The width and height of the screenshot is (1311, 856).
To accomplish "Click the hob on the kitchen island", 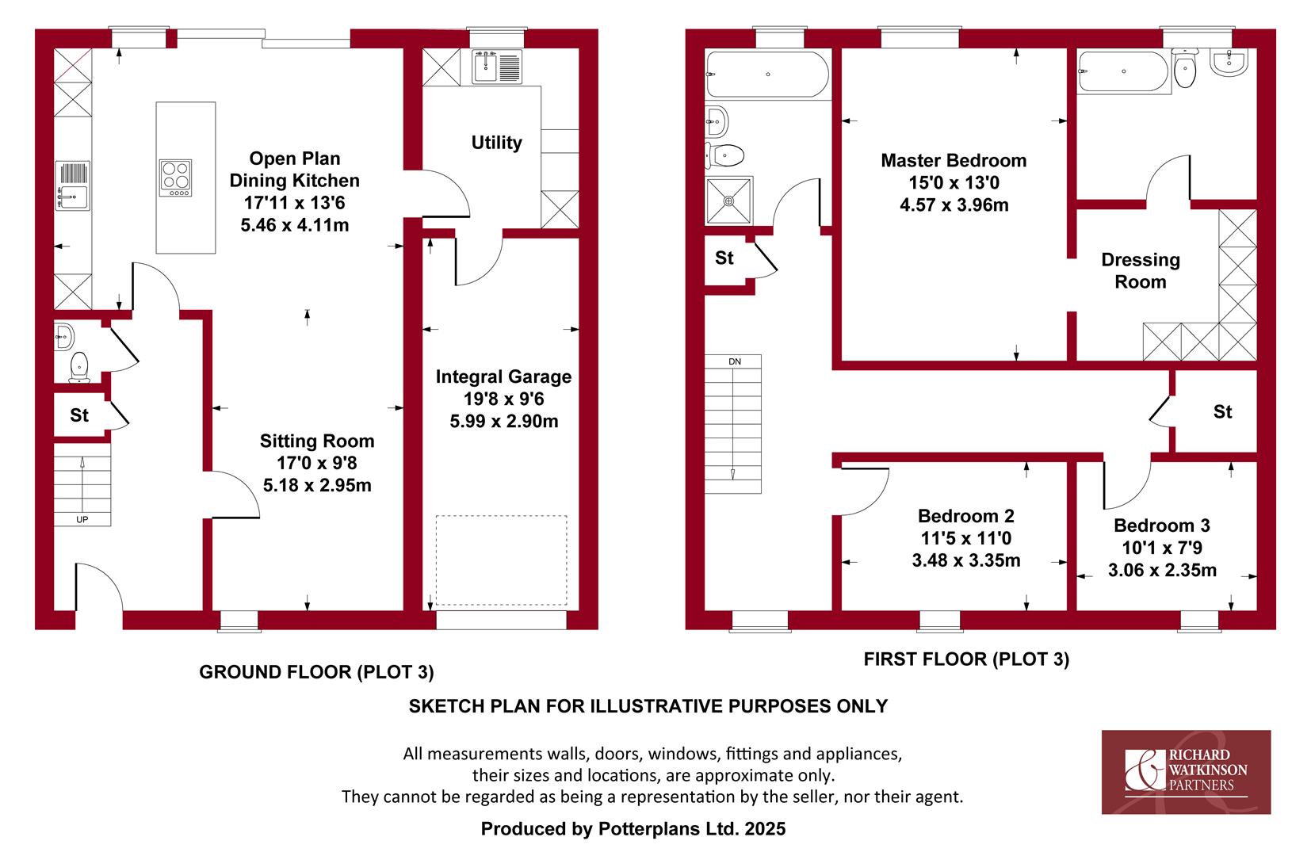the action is [176, 178].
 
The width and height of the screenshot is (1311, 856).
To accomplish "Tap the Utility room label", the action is [496, 142].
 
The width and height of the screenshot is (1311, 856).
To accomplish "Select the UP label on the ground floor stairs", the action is [82, 520].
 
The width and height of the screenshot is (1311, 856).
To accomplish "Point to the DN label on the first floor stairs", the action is [735, 361].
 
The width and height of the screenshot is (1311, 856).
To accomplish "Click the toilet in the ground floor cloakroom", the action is [79, 366].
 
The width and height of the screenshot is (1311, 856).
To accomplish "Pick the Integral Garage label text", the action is [503, 376].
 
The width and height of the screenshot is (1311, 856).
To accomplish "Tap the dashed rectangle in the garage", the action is [501, 560].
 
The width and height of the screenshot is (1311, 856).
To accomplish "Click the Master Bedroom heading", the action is [954, 160].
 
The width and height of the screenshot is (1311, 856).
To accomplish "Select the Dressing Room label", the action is [1140, 270].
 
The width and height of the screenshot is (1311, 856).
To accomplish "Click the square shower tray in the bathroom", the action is [728, 201].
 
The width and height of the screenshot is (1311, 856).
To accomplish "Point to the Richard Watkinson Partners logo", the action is [1186, 772].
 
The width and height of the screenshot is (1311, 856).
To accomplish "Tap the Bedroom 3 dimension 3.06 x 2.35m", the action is [1162, 570].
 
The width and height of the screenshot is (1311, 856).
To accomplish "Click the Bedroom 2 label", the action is [965, 515].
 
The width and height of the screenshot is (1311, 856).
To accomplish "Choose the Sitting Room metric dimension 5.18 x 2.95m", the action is [316, 485].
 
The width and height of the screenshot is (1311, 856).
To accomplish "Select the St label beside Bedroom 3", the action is [1222, 411].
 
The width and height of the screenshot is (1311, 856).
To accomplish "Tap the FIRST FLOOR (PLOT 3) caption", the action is [966, 659].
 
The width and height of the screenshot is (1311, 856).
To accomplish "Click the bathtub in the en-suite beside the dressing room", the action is [1124, 72].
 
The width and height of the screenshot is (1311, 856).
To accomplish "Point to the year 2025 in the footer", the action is [765, 828].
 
